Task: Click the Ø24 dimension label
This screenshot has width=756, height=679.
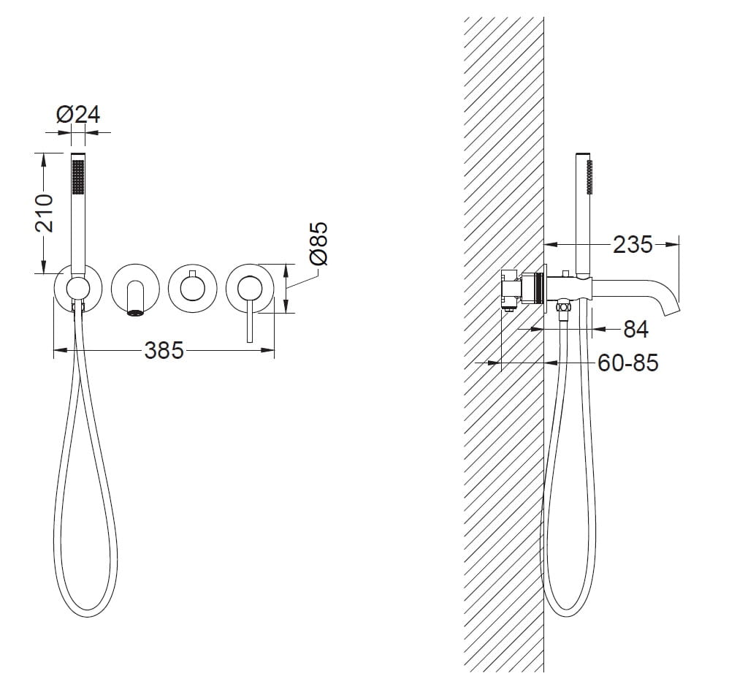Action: pyautogui.click(x=77, y=114)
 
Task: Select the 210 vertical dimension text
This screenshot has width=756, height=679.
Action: pyautogui.click(x=45, y=213)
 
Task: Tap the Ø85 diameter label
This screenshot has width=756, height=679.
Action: pyautogui.click(x=319, y=243)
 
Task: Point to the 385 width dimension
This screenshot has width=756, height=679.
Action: pyautogui.click(x=164, y=350)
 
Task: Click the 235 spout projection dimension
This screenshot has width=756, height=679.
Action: pyautogui.click(x=633, y=245)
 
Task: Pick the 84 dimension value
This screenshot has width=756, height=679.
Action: pyautogui.click(x=636, y=329)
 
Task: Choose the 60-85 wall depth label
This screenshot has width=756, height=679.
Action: pyautogui.click(x=627, y=363)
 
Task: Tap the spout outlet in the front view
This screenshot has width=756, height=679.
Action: pyautogui.click(x=135, y=313)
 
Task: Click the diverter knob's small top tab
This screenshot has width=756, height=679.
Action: pyautogui.click(x=192, y=275)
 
